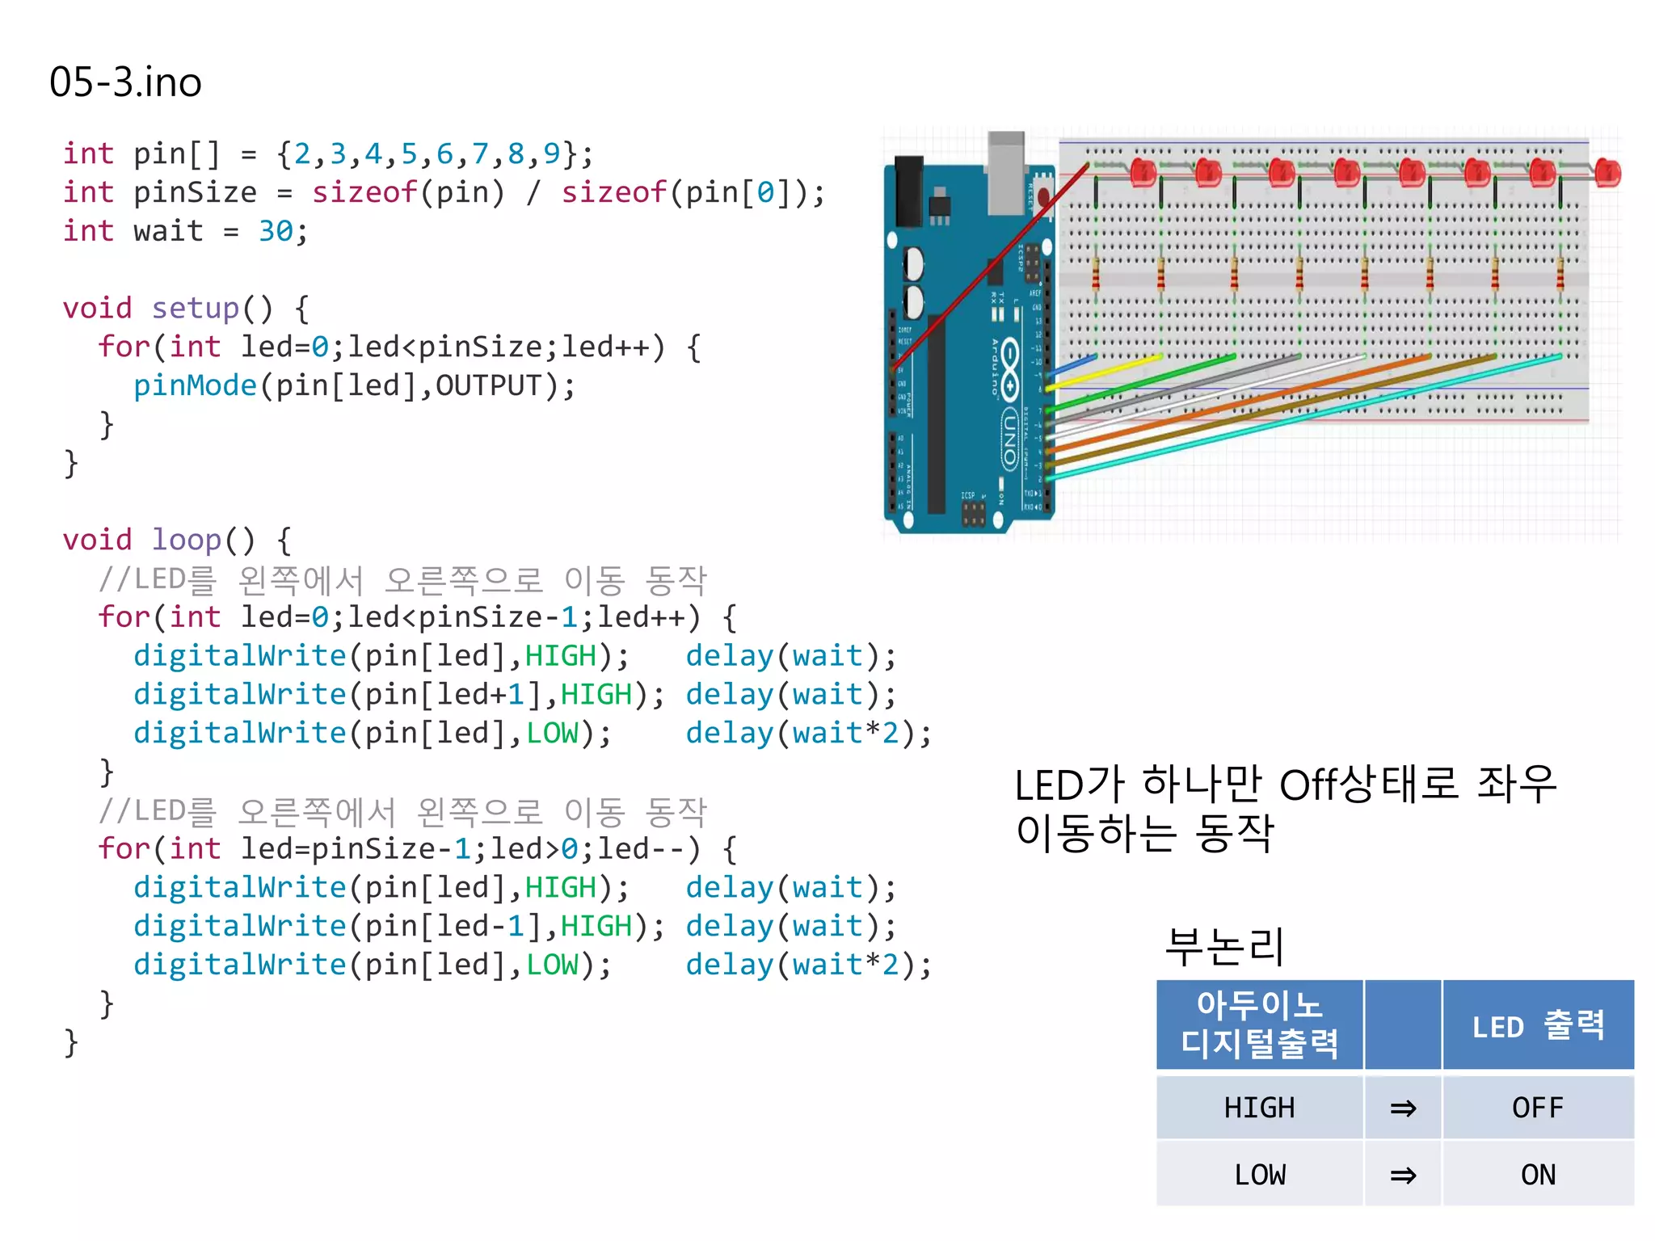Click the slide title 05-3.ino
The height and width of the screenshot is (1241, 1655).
[125, 82]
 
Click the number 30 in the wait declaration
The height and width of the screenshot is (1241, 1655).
[276, 232]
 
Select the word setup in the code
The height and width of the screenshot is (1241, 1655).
[196, 309]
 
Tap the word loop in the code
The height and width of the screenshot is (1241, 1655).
[187, 540]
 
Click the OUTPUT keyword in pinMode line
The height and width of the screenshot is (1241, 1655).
[488, 386]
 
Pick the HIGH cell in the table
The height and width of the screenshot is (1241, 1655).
[1258, 1108]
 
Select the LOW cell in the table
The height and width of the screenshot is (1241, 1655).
[1258, 1175]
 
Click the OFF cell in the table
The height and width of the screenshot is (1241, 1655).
[1537, 1108]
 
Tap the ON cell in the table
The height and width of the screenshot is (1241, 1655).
[1537, 1175]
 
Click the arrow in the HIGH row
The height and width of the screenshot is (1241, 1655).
[1403, 1108]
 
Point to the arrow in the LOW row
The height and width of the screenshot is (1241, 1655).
[1403, 1175]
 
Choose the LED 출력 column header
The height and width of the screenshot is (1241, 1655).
[1537, 1026]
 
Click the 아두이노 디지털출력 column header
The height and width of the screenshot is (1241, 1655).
[1258, 1024]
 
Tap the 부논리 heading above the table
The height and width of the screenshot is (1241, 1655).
[1223, 947]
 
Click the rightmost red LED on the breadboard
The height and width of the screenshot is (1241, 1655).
[1607, 173]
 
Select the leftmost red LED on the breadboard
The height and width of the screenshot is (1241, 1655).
[1143, 173]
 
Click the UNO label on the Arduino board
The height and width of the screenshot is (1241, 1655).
[1010, 437]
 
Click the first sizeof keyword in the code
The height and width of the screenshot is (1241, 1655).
[364, 193]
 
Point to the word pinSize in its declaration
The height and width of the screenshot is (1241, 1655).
[195, 193]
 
